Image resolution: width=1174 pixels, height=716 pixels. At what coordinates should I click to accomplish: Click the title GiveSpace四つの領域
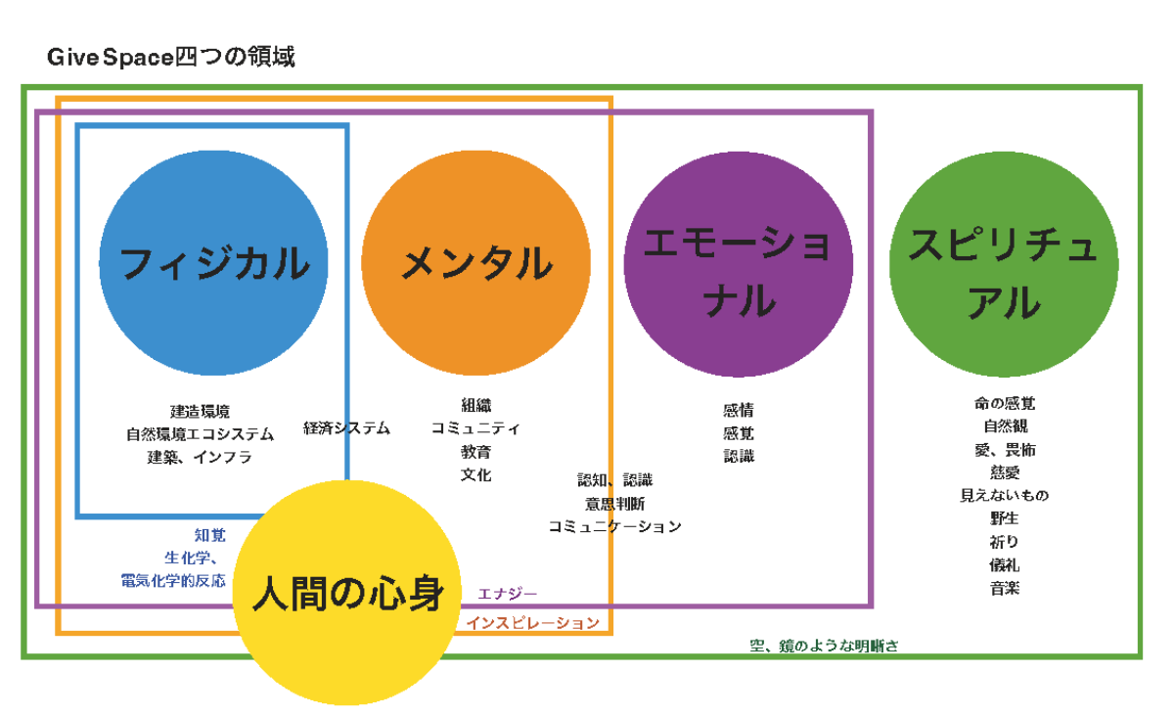pyautogui.click(x=171, y=57)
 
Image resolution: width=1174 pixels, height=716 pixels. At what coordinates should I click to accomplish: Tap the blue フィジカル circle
pyautogui.click(x=214, y=263)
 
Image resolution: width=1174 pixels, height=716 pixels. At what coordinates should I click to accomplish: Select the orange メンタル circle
pyautogui.click(x=475, y=263)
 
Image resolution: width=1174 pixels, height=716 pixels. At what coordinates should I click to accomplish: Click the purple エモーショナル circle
pyautogui.click(x=738, y=264)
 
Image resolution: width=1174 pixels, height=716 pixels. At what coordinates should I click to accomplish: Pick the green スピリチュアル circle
pyautogui.click(x=1004, y=264)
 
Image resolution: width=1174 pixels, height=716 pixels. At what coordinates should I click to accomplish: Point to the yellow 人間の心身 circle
pyautogui.click(x=347, y=593)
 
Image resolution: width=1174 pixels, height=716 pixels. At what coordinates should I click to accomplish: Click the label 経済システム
pyautogui.click(x=347, y=428)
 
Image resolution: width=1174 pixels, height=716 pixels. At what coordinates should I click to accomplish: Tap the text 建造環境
pyautogui.click(x=201, y=412)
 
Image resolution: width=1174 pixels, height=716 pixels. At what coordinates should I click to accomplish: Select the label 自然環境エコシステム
pyautogui.click(x=201, y=434)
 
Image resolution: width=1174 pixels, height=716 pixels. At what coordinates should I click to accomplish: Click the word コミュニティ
pyautogui.click(x=475, y=428)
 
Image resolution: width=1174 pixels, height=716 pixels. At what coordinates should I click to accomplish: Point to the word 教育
pyautogui.click(x=475, y=452)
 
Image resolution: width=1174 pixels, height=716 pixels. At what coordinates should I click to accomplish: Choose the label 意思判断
pyautogui.click(x=614, y=504)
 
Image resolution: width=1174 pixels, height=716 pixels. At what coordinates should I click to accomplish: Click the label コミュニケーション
pyautogui.click(x=614, y=526)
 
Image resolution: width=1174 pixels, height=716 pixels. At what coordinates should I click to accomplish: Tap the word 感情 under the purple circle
pyautogui.click(x=739, y=410)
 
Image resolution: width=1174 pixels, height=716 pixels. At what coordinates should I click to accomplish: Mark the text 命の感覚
pyautogui.click(x=1005, y=403)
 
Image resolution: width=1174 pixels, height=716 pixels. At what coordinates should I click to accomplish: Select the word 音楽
pyautogui.click(x=1005, y=588)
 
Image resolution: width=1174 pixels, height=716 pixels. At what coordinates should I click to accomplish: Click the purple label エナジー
pyautogui.click(x=508, y=594)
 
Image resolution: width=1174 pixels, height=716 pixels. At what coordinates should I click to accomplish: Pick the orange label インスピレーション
pyautogui.click(x=533, y=623)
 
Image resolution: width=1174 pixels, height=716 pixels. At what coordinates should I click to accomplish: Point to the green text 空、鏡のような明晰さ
pyautogui.click(x=824, y=646)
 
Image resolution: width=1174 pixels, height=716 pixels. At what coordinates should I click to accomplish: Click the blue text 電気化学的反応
pyautogui.click(x=173, y=581)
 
